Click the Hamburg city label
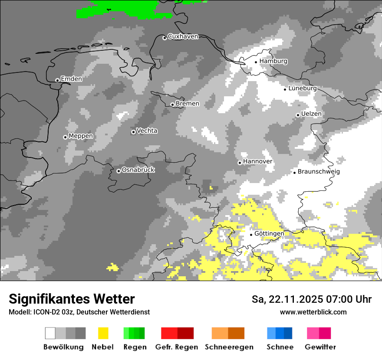(273, 61)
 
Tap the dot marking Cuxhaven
(165, 38)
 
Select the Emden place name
(71, 79)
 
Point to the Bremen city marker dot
(172, 105)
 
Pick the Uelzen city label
(311, 114)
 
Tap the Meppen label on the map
(81, 136)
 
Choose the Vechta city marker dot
(133, 132)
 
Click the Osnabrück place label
(138, 170)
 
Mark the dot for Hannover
(240, 163)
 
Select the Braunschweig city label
(319, 172)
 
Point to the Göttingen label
(269, 234)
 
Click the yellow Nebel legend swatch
(103, 333)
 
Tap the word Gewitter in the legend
(320, 347)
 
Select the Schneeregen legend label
(229, 347)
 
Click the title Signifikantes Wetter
(72, 299)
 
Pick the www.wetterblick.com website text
(313, 312)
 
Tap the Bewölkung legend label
(63, 347)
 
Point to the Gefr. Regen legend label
(177, 347)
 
